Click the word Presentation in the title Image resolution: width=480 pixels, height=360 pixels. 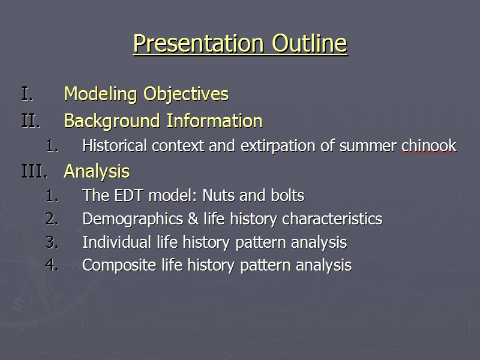pos(199,43)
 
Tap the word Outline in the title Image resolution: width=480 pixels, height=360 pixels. pos(310,43)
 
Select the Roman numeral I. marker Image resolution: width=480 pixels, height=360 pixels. pos(27,94)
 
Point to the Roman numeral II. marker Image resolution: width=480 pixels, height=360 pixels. pos(31,121)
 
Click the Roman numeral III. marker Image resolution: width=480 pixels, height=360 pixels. pos(35,171)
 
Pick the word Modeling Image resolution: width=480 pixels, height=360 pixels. pos(100,94)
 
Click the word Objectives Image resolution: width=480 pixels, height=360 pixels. pos(186,94)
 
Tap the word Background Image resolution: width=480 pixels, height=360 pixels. pos(112,121)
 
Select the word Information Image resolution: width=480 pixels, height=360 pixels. pos(215,121)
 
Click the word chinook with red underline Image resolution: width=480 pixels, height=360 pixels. pos(429,146)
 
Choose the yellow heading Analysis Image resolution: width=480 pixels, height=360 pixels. pos(97,172)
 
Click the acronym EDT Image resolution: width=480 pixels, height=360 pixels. pos(128,196)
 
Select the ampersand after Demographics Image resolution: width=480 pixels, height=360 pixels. pos(193,219)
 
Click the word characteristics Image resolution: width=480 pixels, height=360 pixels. pos(332,219)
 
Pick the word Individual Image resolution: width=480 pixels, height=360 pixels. pos(117,242)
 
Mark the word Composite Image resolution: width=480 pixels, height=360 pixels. pos(119,266)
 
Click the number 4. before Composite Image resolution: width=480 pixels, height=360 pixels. pos(52,265)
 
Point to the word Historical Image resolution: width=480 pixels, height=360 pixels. pos(115,146)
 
